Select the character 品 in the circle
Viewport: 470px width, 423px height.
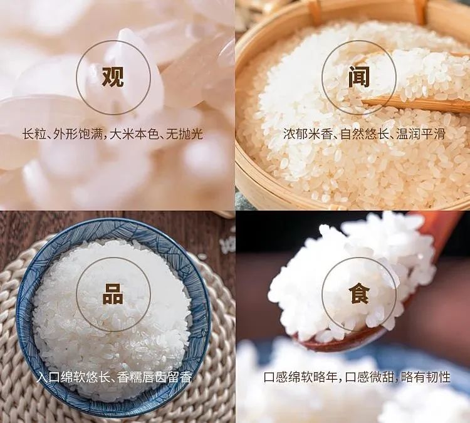click(x=113, y=294)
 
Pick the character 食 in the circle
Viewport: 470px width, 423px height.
click(x=358, y=294)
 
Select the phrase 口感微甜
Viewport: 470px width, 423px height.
click(x=372, y=377)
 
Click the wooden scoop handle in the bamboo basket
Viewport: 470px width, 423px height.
click(x=414, y=103)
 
